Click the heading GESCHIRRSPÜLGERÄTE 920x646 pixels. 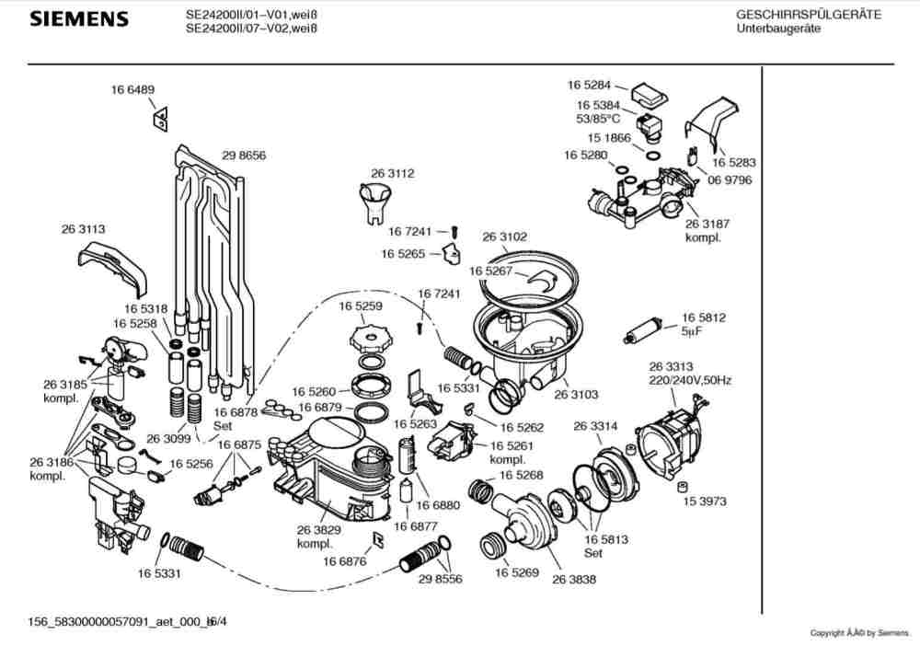tap(808, 15)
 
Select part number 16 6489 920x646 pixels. tap(133, 89)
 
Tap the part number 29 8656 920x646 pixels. tap(244, 156)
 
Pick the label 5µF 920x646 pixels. tap(692, 330)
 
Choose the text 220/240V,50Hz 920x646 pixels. tap(690, 380)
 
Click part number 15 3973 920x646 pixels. tap(705, 502)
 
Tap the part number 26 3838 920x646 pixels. tap(574, 579)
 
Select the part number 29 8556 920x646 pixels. tap(440, 579)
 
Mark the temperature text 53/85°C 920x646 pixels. tap(598, 119)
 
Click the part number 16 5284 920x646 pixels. tap(589, 86)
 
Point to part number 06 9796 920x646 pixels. tap(730, 180)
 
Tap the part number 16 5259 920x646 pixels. tap(361, 306)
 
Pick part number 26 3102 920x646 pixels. tap(505, 236)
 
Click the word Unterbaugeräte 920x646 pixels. tap(779, 29)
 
